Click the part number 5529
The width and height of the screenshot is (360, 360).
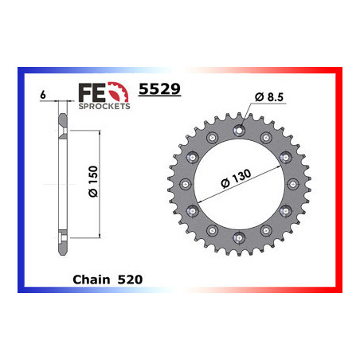tap(159, 88)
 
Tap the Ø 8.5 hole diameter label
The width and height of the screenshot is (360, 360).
tap(269, 97)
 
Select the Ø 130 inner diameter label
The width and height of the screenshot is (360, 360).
tap(236, 178)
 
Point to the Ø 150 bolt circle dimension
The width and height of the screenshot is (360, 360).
tap(93, 182)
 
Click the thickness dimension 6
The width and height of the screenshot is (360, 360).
tap(43, 95)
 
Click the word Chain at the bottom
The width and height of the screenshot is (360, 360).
tap(91, 280)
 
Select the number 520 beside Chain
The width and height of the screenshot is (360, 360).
tap(130, 280)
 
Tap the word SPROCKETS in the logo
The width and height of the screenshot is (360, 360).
tap(104, 106)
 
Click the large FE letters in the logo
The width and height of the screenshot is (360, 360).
tap(92, 92)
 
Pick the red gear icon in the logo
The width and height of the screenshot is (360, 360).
tap(119, 92)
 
